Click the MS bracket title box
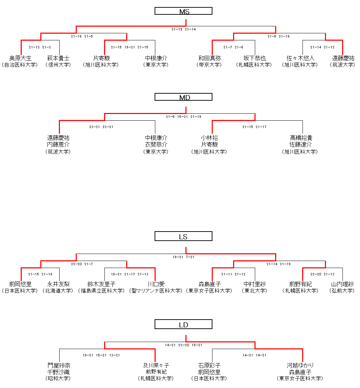[183, 11]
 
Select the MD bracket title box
[183, 97]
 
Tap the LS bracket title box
[183, 237]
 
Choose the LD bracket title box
[183, 325]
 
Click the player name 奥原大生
[20, 58]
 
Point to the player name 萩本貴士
[58, 58]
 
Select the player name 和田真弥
[210, 58]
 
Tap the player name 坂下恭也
[254, 58]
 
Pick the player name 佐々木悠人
[300, 58]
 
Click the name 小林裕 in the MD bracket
[210, 138]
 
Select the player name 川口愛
[156, 284]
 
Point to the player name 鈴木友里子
[101, 284]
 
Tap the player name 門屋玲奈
[59, 366]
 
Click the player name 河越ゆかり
[300, 366]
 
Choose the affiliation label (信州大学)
[58, 65]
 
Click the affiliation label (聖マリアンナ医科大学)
[156, 291]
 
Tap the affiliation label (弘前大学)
[342, 291]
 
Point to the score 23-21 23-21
[101, 127]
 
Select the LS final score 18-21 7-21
[184, 257]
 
